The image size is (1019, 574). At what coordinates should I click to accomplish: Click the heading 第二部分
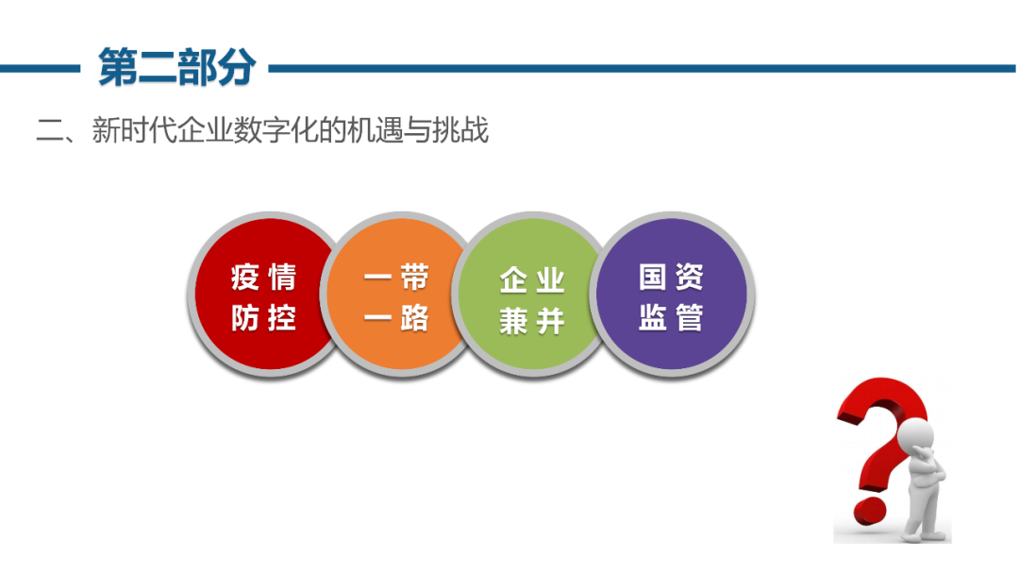point(176,67)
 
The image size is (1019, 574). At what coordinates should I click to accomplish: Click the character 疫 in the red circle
point(245,278)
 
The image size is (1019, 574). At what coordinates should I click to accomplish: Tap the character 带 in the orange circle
point(414,278)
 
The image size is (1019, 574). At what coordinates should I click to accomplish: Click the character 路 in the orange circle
point(414,318)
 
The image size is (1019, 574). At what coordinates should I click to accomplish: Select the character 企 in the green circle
point(513,280)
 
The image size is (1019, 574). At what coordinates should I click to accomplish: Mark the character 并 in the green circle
point(550,321)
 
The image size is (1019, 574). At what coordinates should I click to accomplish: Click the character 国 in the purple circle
point(653,277)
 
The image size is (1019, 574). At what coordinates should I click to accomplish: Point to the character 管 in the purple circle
point(690,318)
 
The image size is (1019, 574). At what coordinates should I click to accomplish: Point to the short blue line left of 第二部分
point(40,68)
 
